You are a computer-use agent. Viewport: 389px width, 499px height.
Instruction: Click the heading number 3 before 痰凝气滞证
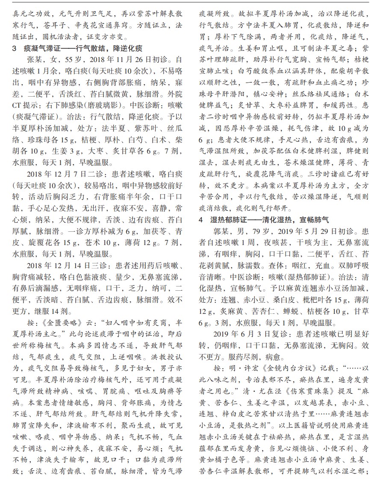point(15,48)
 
